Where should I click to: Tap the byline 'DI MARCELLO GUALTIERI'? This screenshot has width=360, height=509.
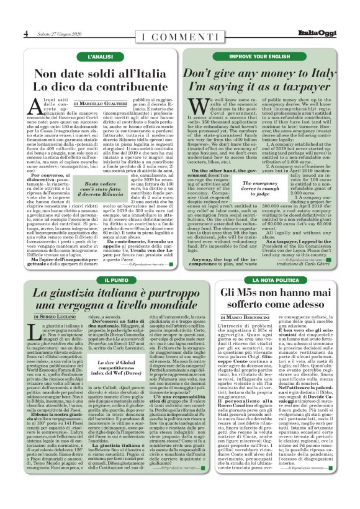(x=100, y=103)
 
